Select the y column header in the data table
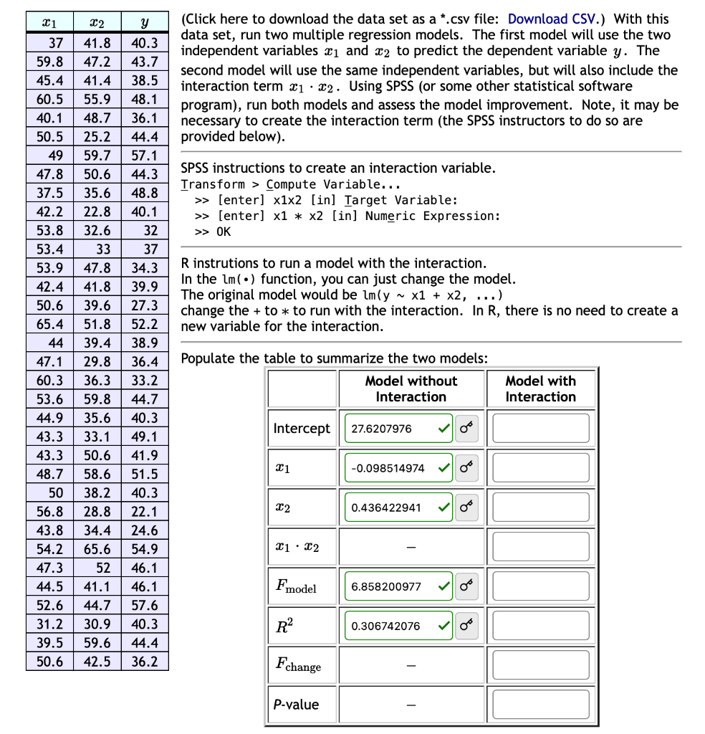pyautogui.click(x=145, y=24)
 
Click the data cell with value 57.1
pyautogui.click(x=145, y=156)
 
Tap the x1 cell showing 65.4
pyautogui.click(x=49, y=324)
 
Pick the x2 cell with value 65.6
pyautogui.click(x=97, y=549)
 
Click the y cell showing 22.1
pyautogui.click(x=145, y=512)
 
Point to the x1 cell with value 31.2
pyautogui.click(x=49, y=624)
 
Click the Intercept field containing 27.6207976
pyautogui.click(x=390, y=429)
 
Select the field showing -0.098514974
pyautogui.click(x=390, y=468)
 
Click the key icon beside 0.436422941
pyautogui.click(x=466, y=507)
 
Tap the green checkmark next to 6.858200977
pyautogui.click(x=445, y=586)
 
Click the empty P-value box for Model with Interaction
pyautogui.click(x=541, y=705)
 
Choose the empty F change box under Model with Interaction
pyautogui.click(x=541, y=665)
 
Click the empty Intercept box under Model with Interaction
pyautogui.click(x=541, y=429)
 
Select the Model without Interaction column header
pyautogui.click(x=411, y=389)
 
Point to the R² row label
pyautogui.click(x=282, y=626)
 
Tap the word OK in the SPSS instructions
pyautogui.click(x=224, y=232)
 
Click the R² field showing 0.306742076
pyautogui.click(x=390, y=626)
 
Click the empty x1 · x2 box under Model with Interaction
pyautogui.click(x=541, y=547)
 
